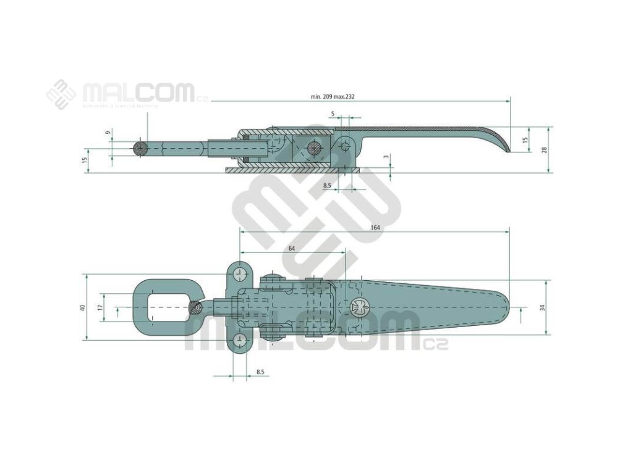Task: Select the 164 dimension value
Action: point(375,228)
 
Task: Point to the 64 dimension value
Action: point(292,248)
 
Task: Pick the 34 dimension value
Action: point(542,307)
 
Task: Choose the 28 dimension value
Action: point(545,150)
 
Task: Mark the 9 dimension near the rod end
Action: point(108,133)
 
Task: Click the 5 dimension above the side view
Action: point(333,114)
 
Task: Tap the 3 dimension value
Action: point(386,157)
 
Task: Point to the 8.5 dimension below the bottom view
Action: point(260,372)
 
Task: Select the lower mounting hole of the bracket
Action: point(240,340)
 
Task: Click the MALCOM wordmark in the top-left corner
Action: point(138,93)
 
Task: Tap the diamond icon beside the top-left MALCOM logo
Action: point(61,94)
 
